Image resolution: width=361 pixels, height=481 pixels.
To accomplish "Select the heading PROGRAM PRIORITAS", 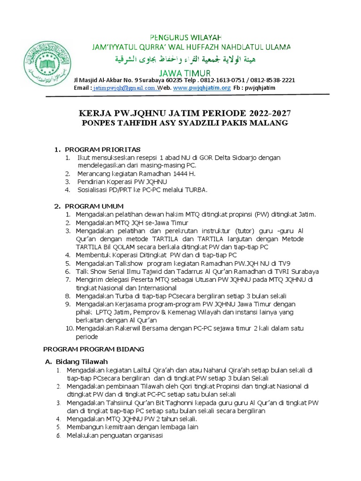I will [x=103, y=149].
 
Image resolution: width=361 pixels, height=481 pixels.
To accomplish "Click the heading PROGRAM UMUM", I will [x=94, y=206].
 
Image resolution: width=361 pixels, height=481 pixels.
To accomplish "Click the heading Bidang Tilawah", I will [x=82, y=361].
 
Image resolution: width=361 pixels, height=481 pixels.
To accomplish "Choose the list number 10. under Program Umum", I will [x=69, y=329].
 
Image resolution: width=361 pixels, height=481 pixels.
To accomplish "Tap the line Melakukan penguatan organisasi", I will [x=114, y=435].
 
